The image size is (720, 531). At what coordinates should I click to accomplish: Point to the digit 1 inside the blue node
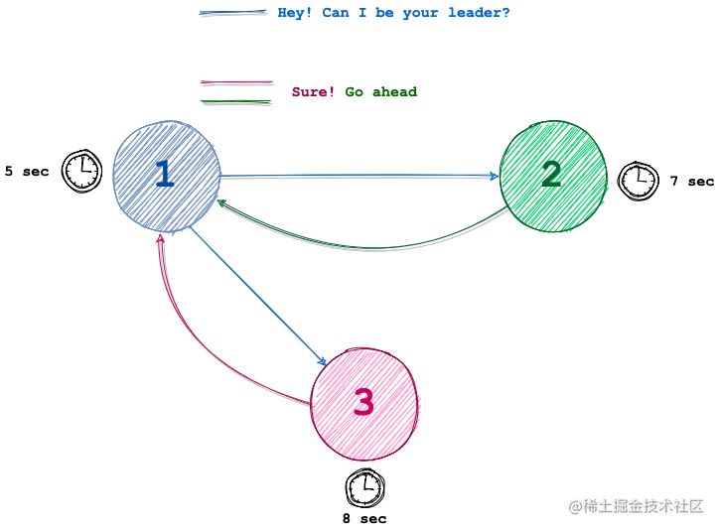coord(164,176)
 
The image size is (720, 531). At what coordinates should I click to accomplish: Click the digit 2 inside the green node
coord(551,176)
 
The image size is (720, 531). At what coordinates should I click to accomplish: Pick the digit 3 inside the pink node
coord(363,403)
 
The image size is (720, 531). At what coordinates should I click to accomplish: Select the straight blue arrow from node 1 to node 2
coord(358,176)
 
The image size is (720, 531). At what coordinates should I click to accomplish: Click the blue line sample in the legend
coord(233,12)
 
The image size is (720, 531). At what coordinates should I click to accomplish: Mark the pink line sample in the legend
coord(236,82)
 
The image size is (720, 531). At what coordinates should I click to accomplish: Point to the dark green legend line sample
coord(236,98)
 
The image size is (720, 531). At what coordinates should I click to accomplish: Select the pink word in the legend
coord(309,92)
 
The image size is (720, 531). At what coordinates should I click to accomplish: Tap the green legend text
coord(382,92)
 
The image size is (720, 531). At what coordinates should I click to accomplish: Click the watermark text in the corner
coord(637,505)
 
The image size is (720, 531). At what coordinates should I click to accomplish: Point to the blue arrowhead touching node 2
coord(494,177)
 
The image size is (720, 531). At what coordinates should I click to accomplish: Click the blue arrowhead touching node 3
coord(324,362)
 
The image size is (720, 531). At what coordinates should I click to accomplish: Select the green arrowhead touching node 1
coord(222,203)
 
